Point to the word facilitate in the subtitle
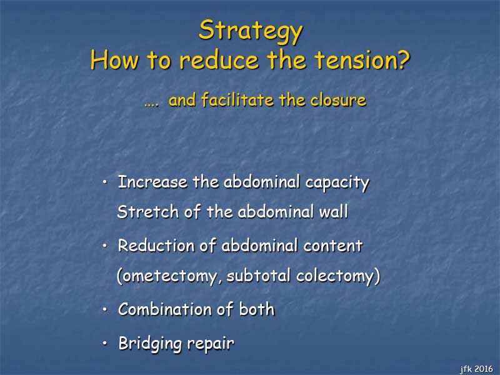coord(238,99)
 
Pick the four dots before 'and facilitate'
coord(151,104)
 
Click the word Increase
coord(152,182)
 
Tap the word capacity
coord(337,183)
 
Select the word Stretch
coord(147,212)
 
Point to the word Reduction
coord(156,246)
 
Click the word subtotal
coord(259,276)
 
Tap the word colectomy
coord(335,276)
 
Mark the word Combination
coord(164,309)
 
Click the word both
coord(257,309)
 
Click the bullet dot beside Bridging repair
coord(105,343)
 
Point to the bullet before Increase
coord(105,182)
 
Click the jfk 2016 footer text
coord(476,369)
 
